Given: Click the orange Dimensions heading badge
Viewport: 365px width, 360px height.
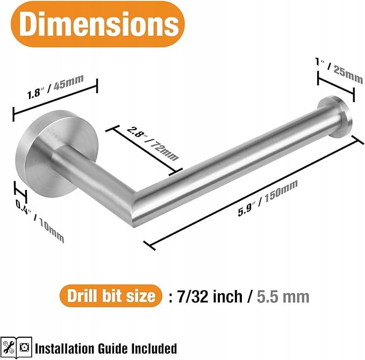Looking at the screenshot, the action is point(98,24).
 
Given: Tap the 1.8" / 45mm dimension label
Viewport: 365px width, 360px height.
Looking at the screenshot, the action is point(55,87).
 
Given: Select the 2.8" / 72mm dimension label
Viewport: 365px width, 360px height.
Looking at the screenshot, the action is point(153,143).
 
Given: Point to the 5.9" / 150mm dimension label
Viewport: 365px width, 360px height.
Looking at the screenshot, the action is point(268,198).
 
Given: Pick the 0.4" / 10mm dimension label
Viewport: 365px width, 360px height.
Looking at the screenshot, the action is point(40,221).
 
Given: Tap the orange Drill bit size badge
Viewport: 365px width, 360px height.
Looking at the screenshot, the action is point(111,296).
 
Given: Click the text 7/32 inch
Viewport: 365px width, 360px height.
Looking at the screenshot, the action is point(210,297).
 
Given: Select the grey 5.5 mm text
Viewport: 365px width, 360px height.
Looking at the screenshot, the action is point(283,297).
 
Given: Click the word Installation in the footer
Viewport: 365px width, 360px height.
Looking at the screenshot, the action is point(65,349).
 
